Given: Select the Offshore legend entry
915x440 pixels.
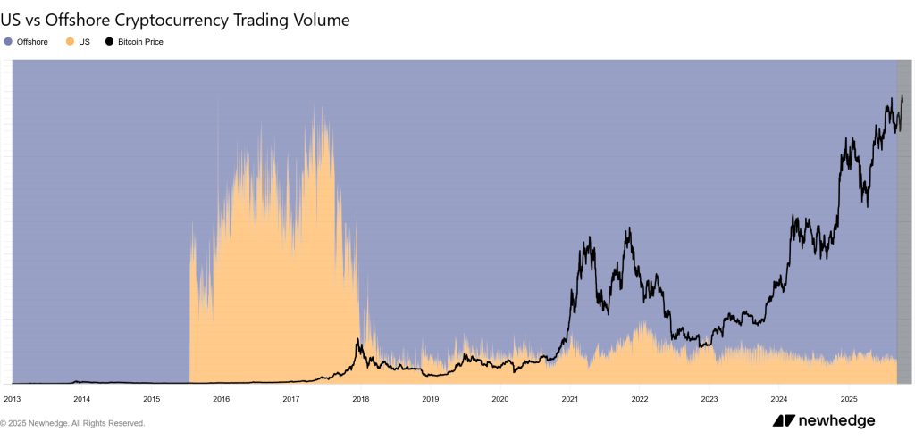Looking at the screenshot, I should pos(31,42).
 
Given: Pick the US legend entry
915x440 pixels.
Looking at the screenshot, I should pos(83,42).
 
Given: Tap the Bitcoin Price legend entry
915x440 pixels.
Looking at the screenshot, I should pos(139,42).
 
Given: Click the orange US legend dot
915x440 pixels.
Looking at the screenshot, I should pos(70,42).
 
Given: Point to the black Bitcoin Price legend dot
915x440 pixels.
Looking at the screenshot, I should pos(110,42).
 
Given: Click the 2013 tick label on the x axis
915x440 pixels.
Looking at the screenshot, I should pos(13,399).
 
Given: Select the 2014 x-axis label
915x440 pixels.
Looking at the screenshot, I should pos(81,399).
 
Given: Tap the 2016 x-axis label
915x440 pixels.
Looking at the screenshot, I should pos(221,399).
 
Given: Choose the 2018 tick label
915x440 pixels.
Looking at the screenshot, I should pos(360,399).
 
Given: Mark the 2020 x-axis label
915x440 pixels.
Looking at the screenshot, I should pos(499,399).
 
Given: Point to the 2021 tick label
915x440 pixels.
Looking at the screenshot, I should pos(570,399).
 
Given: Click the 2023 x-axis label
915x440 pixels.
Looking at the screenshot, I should pos(709,399).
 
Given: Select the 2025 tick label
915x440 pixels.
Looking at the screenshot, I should pos(849,399).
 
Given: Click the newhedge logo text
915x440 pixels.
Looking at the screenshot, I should pos(836,421).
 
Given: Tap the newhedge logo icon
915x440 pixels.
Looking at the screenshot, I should pos(784,421).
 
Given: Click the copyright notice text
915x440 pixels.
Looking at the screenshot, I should pos(72,423).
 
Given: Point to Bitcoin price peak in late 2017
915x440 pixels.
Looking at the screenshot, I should pos(357,339).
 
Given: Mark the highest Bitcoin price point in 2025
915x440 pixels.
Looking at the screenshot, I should pos(902,95).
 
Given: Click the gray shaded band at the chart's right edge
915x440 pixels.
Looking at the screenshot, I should pos(903,223).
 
